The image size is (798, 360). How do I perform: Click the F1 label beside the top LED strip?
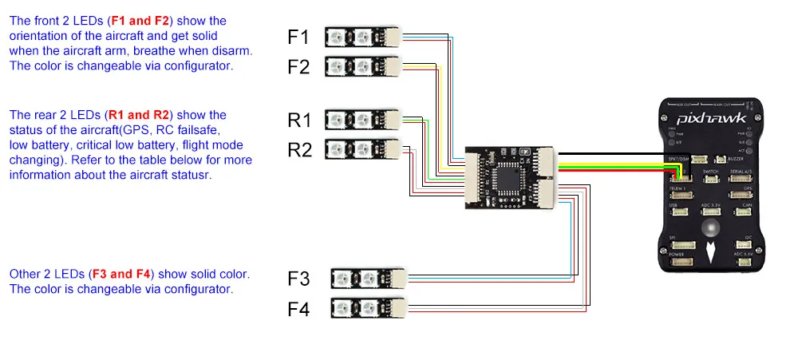(298, 37)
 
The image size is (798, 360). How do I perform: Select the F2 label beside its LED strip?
(298, 66)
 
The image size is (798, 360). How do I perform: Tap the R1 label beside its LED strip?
(299, 121)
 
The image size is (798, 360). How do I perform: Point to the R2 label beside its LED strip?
(299, 149)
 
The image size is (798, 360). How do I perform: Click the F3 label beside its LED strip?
(298, 279)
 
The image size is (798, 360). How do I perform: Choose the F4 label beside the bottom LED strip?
(298, 309)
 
